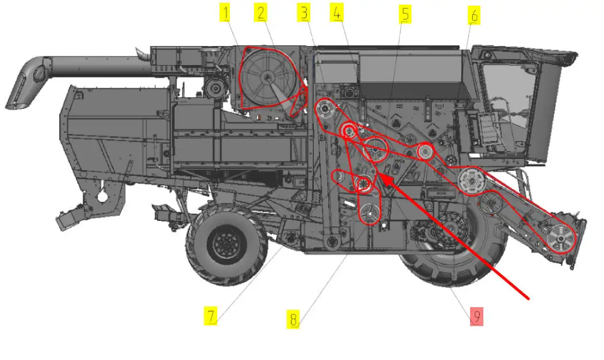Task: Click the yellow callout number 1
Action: pos(225,13)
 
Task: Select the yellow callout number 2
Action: pos(261,13)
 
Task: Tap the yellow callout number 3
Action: pos(304,13)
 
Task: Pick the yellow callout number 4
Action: pos(337,13)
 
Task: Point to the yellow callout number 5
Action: pos(405,14)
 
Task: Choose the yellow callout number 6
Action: pos(474,16)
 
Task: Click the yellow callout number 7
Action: pos(210,316)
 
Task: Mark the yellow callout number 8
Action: pos(293,319)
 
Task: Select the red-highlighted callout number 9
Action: pos(476,316)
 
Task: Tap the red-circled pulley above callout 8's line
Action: pos(370,213)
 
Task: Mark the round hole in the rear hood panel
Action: pos(102,197)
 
